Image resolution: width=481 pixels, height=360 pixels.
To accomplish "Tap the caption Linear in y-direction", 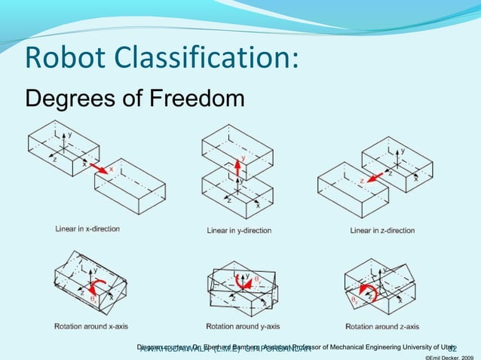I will pos(239,230).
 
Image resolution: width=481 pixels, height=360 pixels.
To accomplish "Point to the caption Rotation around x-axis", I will pos(91,326).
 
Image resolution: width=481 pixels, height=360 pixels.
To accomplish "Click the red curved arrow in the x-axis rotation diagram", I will pos(97,287).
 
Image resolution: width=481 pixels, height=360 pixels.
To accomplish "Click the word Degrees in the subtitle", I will pos(61,99).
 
